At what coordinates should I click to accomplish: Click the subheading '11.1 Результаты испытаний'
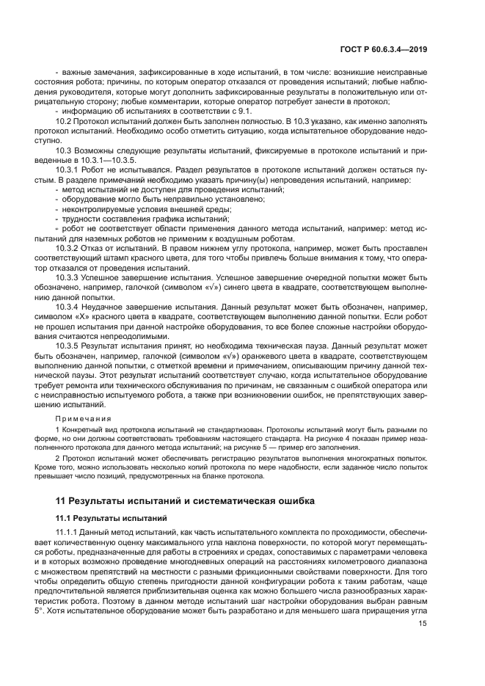pos(103,518)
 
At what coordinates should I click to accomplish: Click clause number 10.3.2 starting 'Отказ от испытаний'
pos(69,249)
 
